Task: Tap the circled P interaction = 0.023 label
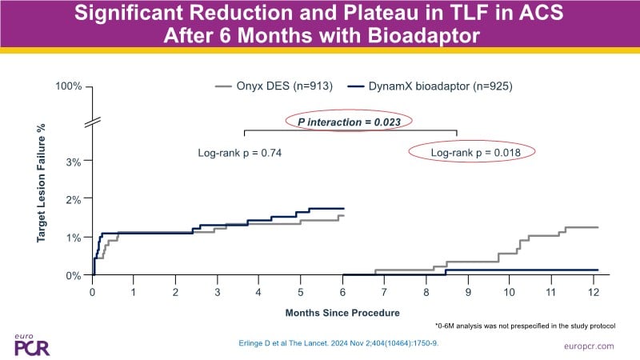[x=350, y=122]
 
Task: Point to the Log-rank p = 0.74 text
[x=240, y=152]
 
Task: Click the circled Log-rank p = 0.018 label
[x=471, y=152]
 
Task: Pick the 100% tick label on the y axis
[x=69, y=86]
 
